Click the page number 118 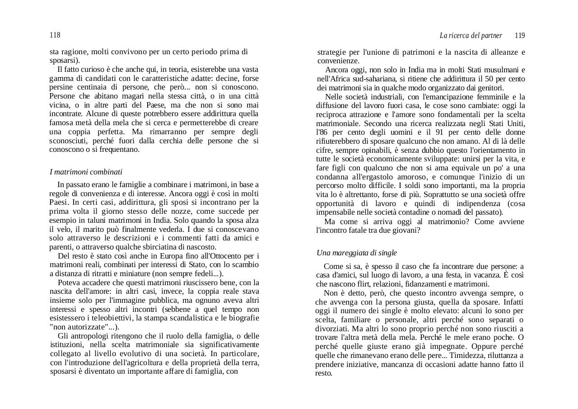coord(55,35)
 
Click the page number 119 coord(520,36)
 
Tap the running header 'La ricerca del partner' coord(471,36)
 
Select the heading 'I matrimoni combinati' coord(86,172)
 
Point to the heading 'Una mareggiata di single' coord(356,253)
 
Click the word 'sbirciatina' coord(158,247)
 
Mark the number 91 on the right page coord(453,132)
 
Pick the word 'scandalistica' coord(192,318)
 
